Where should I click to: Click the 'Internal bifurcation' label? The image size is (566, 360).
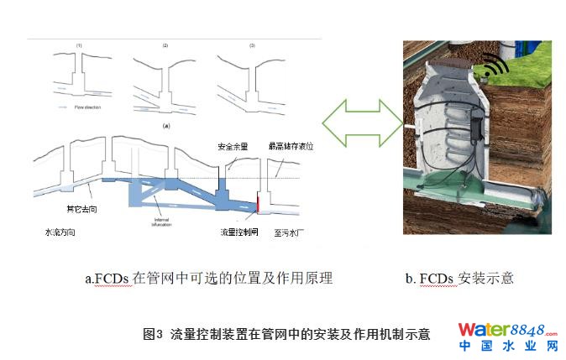click(x=162, y=222)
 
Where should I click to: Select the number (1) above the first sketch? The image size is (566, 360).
click(x=79, y=44)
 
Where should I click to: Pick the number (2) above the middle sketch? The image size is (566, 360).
click(x=165, y=44)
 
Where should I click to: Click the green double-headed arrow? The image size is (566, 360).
click(x=363, y=123)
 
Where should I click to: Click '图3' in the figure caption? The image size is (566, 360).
click(x=152, y=334)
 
